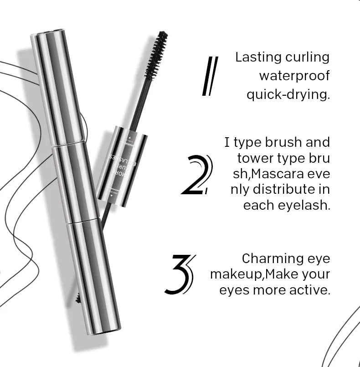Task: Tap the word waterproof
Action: click(294, 76)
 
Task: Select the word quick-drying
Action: click(288, 95)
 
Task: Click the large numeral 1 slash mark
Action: click(210, 76)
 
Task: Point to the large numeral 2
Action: click(197, 175)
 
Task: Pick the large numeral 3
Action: click(180, 274)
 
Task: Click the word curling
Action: click(307, 58)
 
